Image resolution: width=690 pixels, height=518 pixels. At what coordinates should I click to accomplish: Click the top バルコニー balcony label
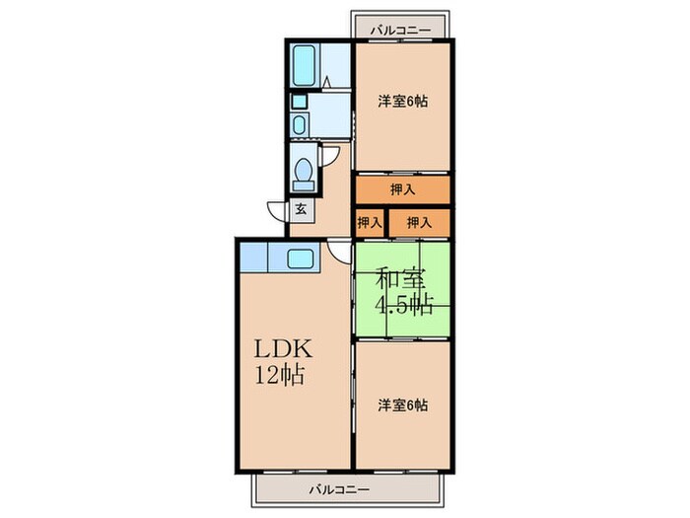coord(401,31)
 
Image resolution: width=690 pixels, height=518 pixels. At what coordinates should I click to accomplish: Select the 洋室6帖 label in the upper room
coord(403,102)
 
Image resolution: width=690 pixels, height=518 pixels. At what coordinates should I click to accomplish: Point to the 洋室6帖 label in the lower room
coord(403,405)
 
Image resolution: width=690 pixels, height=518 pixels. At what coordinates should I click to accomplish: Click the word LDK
coord(286,349)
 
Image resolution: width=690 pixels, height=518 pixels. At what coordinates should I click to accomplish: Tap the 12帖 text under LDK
coord(281,375)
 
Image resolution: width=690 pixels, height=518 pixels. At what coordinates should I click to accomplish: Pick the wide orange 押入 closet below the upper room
coord(403,189)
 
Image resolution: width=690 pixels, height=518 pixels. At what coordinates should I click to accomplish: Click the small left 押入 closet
coord(370,223)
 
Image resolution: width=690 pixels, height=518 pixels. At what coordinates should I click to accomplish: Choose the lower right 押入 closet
coord(420,223)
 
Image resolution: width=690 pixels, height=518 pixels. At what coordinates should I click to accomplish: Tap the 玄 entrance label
coord(299,209)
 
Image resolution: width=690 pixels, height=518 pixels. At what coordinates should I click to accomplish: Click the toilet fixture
coord(305,174)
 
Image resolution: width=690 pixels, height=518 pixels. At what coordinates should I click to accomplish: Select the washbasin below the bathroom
coord(300,122)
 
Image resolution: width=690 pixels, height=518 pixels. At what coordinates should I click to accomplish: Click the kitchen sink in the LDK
coord(300,259)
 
